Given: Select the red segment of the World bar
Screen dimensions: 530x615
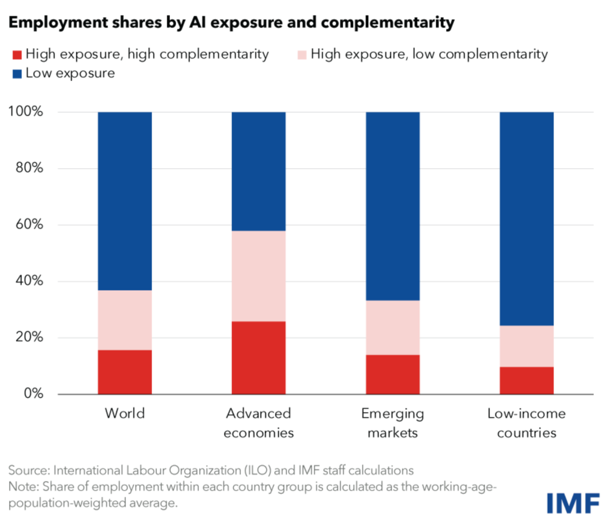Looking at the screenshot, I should coord(125,372).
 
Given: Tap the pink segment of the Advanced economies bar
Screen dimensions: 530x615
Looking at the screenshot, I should coord(258,276).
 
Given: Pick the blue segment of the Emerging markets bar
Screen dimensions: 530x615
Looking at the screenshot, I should coord(393,206).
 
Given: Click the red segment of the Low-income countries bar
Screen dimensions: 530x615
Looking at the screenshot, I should coord(527,380).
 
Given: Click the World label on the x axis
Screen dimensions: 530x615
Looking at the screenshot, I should coord(125,413).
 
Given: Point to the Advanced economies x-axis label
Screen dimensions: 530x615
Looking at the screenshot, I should coord(258,423).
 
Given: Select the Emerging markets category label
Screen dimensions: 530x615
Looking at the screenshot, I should coord(393,423).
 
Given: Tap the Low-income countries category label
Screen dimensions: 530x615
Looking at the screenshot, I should coord(527,423).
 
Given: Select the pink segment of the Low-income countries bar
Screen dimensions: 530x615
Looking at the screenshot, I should coord(527,346).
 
